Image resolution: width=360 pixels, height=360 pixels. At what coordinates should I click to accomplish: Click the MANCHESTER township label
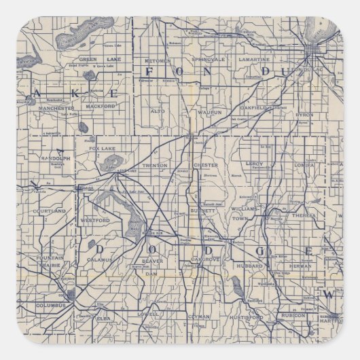(x=56, y=108)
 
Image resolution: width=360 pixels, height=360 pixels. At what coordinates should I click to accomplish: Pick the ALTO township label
(x=157, y=109)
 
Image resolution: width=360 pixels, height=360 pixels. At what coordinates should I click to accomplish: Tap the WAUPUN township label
(x=203, y=109)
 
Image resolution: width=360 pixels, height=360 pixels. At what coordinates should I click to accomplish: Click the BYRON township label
(x=303, y=115)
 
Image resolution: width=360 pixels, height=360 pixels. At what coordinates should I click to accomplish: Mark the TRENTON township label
(x=155, y=165)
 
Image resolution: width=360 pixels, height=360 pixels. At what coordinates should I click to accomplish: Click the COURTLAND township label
(x=50, y=211)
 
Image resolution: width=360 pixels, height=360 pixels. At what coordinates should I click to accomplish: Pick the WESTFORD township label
(x=96, y=220)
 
